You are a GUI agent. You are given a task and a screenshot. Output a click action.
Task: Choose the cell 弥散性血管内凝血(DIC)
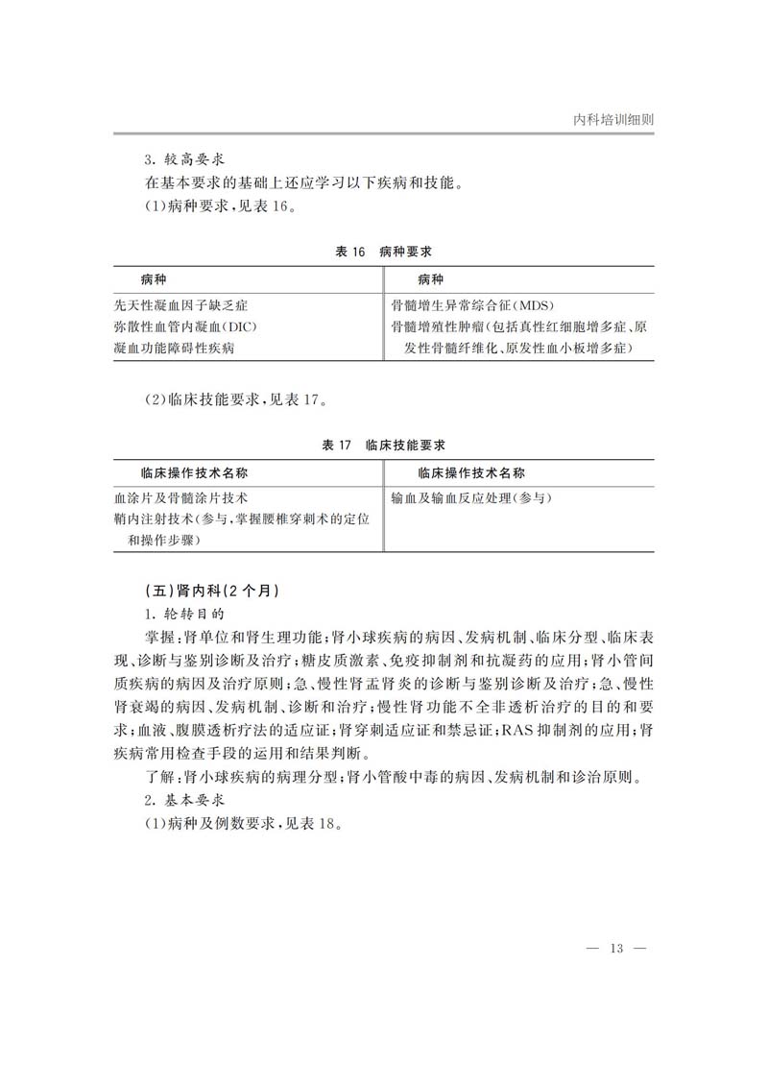[x=185, y=326]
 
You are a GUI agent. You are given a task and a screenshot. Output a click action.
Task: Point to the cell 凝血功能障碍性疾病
[x=175, y=348]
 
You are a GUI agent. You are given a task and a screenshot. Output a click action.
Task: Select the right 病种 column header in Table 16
[x=430, y=279]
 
